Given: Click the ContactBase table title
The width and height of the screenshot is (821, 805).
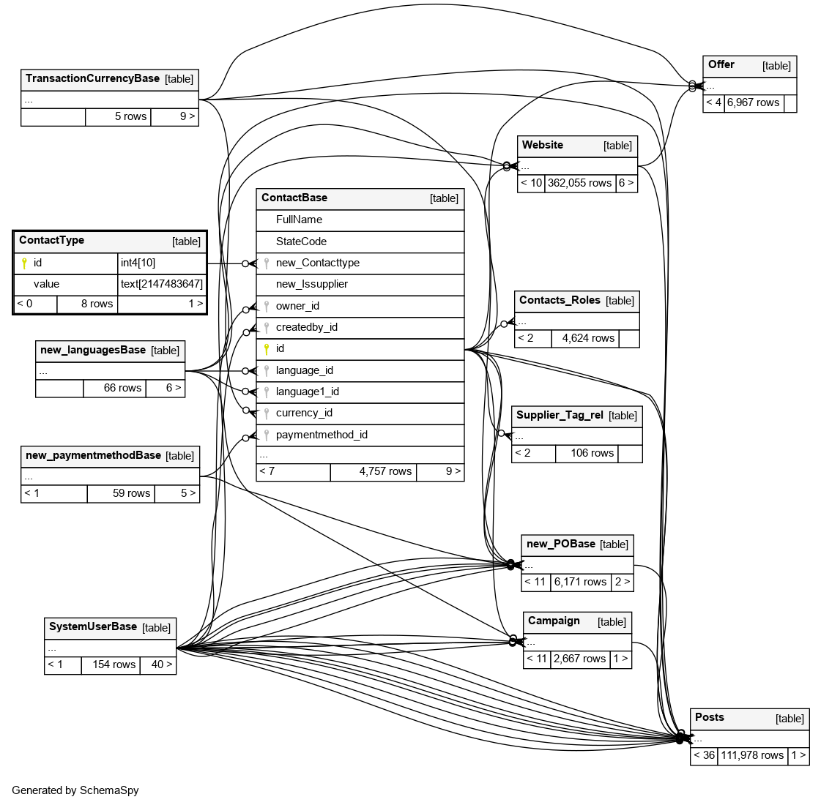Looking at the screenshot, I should click(x=294, y=198).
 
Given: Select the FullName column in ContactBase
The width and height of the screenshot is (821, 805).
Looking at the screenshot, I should click(x=299, y=220).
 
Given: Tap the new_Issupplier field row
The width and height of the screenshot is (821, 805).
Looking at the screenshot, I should click(x=311, y=284).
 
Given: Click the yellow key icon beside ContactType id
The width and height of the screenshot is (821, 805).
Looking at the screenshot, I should click(x=24, y=263).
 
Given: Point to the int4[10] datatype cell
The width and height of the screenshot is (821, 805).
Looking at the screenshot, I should click(x=138, y=262).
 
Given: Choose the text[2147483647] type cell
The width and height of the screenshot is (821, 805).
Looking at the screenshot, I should click(x=161, y=284).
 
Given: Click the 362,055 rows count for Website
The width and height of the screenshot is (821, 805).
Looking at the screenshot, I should click(x=579, y=183).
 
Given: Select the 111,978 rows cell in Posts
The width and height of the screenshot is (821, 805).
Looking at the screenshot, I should click(x=751, y=755).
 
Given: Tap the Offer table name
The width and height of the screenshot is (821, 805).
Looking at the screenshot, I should click(x=721, y=64).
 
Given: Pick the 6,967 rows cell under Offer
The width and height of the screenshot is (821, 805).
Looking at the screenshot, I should click(x=753, y=102).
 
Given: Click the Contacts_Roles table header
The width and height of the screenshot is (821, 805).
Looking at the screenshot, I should click(x=560, y=300).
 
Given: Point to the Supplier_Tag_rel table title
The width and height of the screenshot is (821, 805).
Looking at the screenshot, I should click(x=560, y=415).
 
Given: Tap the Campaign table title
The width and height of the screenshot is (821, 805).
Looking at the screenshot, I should click(x=554, y=621).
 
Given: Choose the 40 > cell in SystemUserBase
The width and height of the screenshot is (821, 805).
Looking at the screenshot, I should click(x=162, y=664).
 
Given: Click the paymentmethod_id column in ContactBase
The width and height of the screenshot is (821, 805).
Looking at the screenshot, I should click(x=322, y=435).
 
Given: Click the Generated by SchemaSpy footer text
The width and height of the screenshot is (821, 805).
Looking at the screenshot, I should click(x=75, y=790).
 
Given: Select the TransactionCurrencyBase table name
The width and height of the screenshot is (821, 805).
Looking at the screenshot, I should click(x=92, y=78).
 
